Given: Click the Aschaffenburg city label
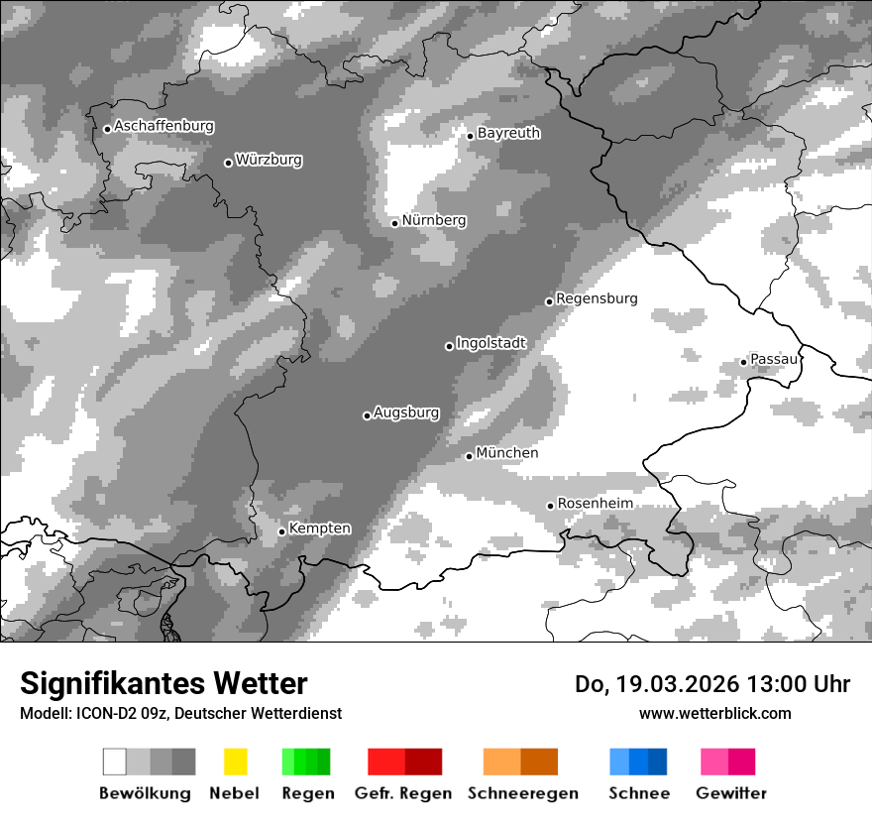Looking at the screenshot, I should [x=163, y=127].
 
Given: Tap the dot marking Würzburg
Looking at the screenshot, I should [x=228, y=163].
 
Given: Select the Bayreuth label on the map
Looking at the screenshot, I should [x=508, y=133].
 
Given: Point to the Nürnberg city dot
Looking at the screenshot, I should [x=394, y=223].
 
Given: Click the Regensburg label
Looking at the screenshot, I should [x=597, y=298].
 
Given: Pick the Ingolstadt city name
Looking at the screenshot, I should [x=490, y=343].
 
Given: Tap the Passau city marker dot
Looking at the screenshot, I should [x=743, y=362].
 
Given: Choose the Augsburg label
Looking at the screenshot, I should [x=406, y=412].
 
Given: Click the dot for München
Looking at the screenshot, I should [x=469, y=456].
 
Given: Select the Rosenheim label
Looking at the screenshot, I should [x=595, y=504].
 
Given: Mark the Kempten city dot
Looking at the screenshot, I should [x=281, y=531].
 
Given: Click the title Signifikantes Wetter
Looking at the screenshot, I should [x=163, y=684].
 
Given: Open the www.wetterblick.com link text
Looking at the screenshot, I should [x=714, y=714].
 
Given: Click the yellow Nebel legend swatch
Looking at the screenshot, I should [x=235, y=762].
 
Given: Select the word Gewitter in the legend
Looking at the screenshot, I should [x=731, y=793].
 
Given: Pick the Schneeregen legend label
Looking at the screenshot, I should [x=522, y=793].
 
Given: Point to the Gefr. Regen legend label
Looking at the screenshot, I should [x=403, y=793].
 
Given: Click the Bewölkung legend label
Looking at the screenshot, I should [x=145, y=793].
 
